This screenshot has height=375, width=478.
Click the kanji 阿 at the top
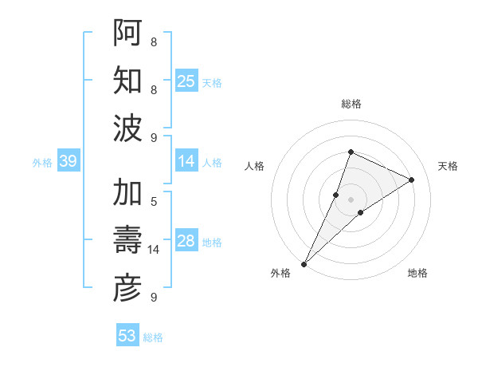(128, 33)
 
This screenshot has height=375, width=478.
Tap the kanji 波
(128, 128)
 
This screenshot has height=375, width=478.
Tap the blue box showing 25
(186, 81)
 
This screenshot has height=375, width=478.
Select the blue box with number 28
(186, 242)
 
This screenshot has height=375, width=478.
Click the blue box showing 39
(68, 162)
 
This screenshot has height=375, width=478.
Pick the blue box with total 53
(127, 336)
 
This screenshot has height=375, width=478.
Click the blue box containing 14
(186, 162)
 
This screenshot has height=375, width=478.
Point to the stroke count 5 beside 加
(154, 201)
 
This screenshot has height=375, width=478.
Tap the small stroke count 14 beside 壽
(154, 250)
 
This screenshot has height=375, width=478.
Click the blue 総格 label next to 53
(153, 337)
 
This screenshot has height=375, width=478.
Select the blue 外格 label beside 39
(42, 163)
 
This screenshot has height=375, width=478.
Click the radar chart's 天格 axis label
(448, 166)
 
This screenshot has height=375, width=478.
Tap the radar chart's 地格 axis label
(417, 273)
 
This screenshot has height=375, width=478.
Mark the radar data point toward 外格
(304, 263)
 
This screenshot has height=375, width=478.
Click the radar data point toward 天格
(412, 180)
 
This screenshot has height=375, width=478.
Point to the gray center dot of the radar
(351, 199)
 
